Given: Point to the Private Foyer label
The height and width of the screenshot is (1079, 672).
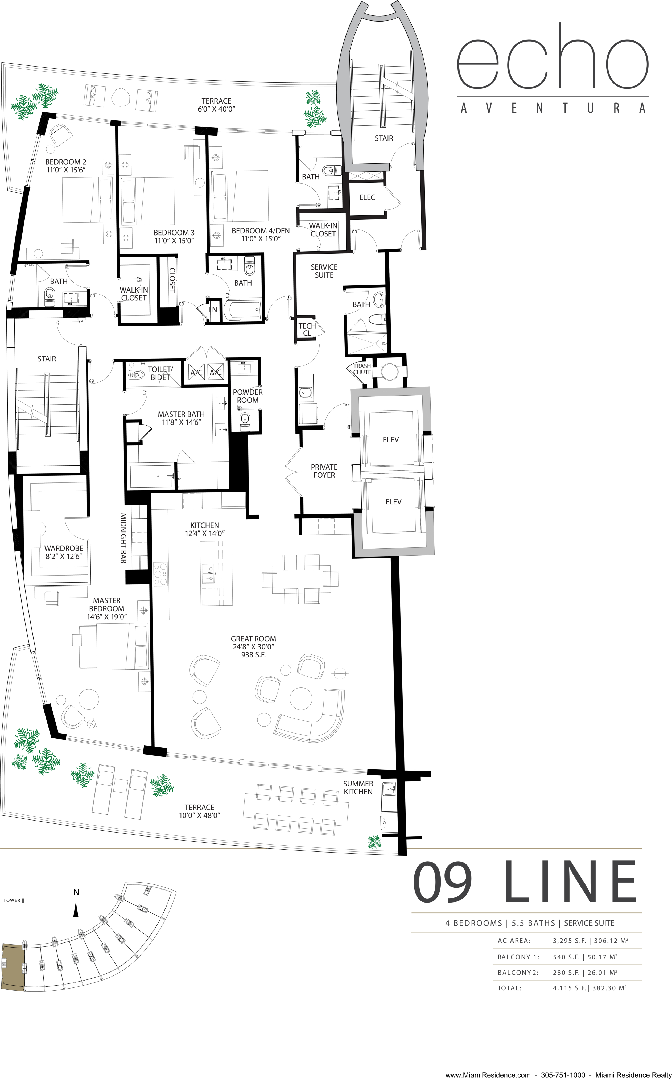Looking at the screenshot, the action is pyautogui.click(x=324, y=471).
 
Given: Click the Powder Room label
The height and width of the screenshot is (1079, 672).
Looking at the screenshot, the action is pyautogui.click(x=248, y=396).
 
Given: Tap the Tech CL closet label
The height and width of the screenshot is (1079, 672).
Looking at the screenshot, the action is pyautogui.click(x=307, y=329).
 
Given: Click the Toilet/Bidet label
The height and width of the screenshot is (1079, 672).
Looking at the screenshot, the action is pyautogui.click(x=160, y=373).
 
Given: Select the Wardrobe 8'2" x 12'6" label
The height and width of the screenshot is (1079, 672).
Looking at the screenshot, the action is pyautogui.click(x=64, y=552).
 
